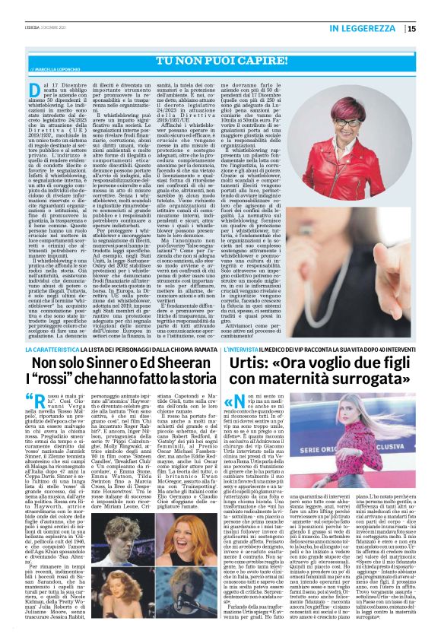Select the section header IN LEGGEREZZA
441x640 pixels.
point(366,30)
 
